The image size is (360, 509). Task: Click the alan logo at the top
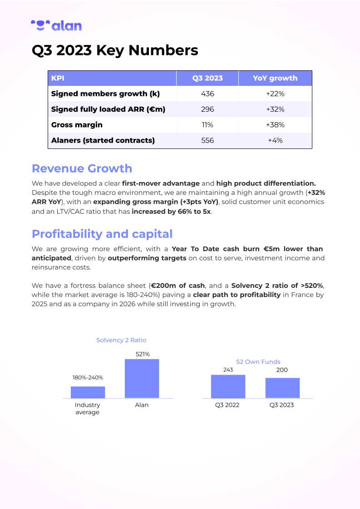(x=56, y=25)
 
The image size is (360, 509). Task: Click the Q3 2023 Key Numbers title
(x=115, y=50)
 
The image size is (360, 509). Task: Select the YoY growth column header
(x=275, y=78)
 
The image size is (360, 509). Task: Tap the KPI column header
(x=58, y=78)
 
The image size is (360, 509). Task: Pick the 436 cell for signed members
(x=207, y=94)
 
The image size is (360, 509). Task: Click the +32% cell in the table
(x=275, y=109)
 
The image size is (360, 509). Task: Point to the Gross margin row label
(x=77, y=125)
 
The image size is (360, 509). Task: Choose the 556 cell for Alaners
(x=207, y=140)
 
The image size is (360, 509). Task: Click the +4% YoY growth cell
(x=275, y=140)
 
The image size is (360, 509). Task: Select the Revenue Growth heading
(x=82, y=168)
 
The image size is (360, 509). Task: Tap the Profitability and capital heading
(x=102, y=234)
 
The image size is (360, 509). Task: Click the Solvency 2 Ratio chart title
(x=121, y=340)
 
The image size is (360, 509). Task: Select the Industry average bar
(x=88, y=392)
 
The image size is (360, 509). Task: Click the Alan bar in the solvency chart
(x=142, y=379)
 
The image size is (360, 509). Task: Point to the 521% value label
(x=143, y=354)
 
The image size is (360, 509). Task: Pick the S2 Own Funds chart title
(x=258, y=362)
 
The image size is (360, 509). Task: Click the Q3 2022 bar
(x=228, y=386)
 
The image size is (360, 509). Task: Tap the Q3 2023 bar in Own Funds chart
(x=282, y=388)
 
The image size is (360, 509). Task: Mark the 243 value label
(x=228, y=370)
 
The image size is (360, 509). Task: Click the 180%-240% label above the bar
(x=88, y=377)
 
